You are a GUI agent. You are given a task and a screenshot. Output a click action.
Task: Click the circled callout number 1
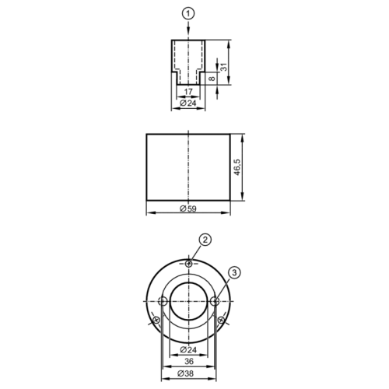(x=188, y=14)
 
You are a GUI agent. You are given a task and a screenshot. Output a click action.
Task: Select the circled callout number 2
(x=205, y=240)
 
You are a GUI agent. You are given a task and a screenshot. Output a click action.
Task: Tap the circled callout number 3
(x=235, y=272)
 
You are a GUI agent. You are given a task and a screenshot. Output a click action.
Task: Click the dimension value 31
(x=224, y=67)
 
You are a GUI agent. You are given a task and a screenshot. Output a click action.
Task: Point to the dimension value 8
(x=212, y=78)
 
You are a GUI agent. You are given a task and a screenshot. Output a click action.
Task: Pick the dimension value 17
(x=188, y=92)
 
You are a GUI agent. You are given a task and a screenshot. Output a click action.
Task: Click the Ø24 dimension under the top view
(x=188, y=103)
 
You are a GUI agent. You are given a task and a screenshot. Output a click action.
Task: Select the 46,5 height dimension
(x=237, y=167)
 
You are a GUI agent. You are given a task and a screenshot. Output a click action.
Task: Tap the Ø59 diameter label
(x=188, y=209)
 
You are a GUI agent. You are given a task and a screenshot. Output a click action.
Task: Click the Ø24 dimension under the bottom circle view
(x=188, y=350)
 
